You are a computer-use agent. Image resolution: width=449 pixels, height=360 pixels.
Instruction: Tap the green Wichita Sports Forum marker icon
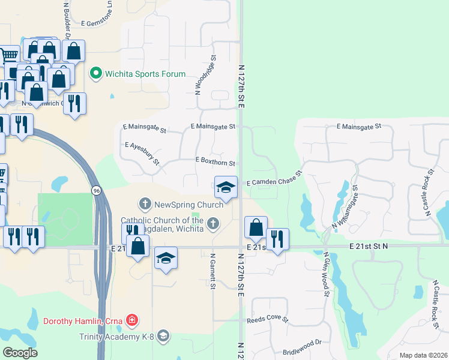95,74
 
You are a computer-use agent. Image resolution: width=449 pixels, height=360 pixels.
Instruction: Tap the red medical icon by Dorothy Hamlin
132,321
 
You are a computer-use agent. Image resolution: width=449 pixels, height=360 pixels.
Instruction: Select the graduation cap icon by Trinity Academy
162,336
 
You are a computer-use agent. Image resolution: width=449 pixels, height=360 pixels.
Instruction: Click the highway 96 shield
96,190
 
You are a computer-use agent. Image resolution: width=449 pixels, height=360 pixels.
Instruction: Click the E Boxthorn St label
214,160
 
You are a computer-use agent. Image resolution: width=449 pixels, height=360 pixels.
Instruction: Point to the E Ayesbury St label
142,154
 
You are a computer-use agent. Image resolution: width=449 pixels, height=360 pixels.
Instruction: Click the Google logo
20,353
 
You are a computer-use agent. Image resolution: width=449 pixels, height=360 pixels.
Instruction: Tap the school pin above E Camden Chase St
226,187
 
